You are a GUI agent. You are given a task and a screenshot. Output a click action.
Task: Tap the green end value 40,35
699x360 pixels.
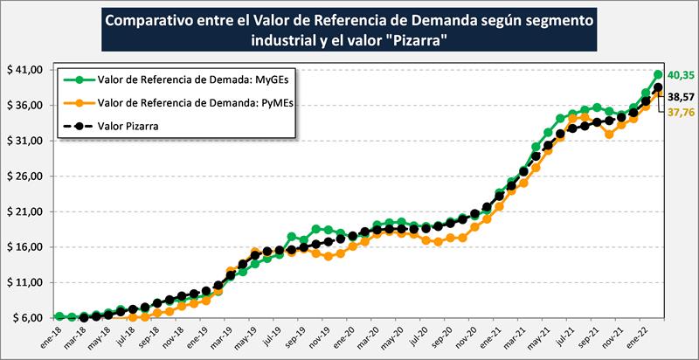[680, 76]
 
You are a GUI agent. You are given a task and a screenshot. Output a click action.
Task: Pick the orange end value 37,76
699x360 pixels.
[680, 112]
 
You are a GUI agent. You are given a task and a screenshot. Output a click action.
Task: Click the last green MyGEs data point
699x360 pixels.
[658, 75]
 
